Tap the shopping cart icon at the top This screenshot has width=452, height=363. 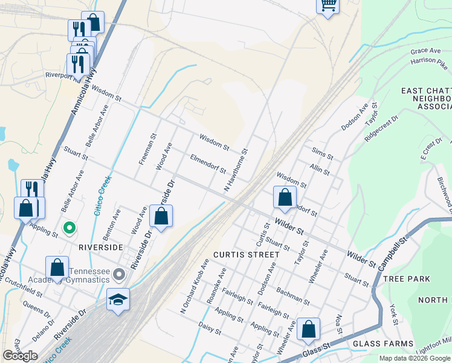pos(328,5)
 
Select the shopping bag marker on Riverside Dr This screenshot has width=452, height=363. pos(161,216)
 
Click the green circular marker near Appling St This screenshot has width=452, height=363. pos(69,228)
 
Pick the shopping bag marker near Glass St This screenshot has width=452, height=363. pos(308,329)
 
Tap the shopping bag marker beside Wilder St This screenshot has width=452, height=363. pos(285,197)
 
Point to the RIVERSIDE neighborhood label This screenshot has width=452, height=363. pos(100,247)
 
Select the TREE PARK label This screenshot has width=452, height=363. pos(406,279)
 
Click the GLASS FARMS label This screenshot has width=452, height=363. pos(375,343)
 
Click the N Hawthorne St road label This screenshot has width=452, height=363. pos(236,171)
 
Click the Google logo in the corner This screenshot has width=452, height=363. pos(20,356)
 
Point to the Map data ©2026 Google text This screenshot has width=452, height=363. pos(415,358)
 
